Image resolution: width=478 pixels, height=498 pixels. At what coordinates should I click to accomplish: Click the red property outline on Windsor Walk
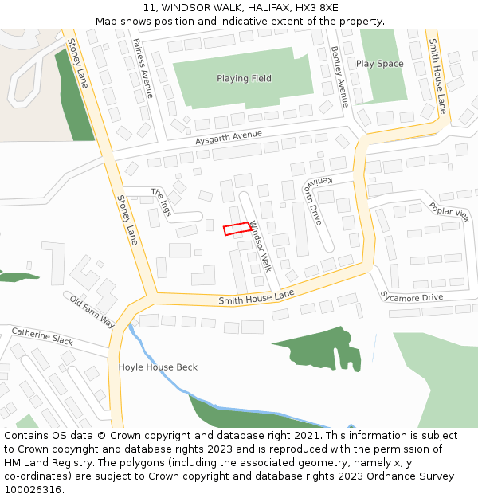tap(237, 229)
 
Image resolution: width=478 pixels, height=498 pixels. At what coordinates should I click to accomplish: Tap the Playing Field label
tap(244, 79)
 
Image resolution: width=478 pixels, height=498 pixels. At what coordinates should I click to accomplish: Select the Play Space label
tap(379, 64)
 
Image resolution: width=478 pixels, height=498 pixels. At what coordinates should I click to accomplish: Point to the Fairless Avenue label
tap(143, 69)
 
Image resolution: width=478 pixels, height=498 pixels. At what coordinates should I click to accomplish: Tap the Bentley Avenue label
tap(339, 76)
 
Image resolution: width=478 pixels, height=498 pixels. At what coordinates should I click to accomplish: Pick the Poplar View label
tap(449, 211)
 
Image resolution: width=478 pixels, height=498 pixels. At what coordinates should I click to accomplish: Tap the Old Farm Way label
tap(92, 312)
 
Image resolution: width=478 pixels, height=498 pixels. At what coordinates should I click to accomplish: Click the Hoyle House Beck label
tap(158, 367)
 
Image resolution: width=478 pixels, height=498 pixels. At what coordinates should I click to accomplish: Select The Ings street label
tap(162, 196)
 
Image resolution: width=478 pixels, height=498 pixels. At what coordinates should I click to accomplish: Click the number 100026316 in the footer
tap(33, 490)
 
